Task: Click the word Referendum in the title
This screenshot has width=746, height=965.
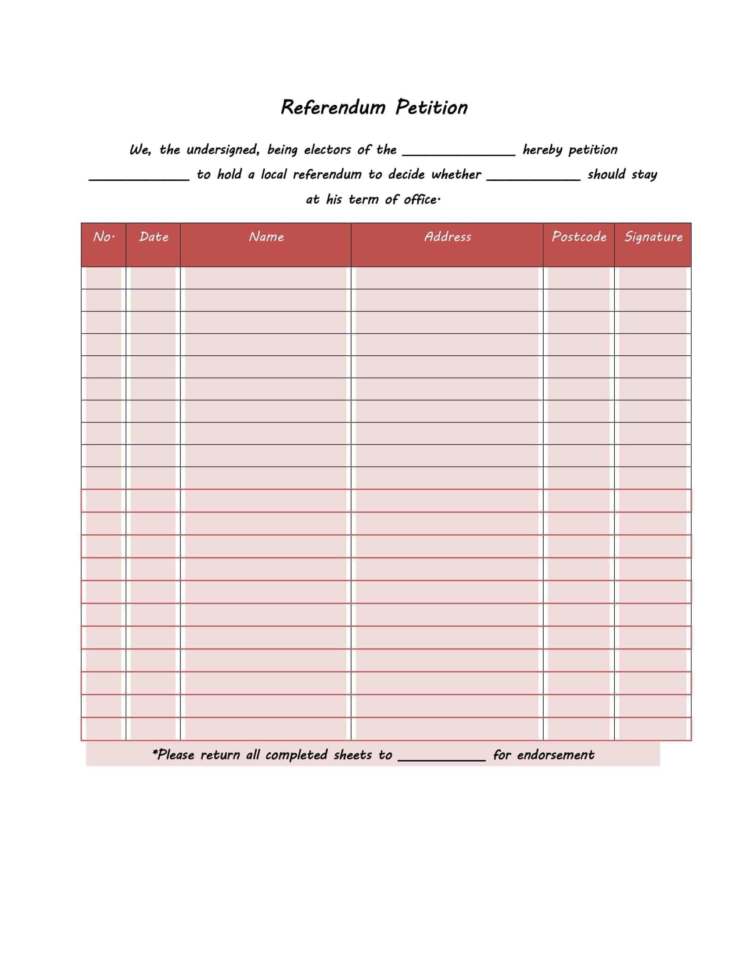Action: point(333,107)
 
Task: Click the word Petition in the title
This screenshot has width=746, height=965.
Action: point(431,107)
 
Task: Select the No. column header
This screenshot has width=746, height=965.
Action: point(104,237)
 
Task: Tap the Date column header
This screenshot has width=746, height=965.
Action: point(153,237)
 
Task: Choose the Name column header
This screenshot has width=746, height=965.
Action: point(266,237)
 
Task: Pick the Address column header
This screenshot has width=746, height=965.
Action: point(447,237)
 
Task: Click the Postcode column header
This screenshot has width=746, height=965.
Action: point(579,237)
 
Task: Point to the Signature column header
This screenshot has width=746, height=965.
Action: point(653,237)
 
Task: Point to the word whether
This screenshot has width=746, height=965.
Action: point(456,175)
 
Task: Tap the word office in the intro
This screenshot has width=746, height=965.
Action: point(421,200)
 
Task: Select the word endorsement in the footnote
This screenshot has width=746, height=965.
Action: point(556,755)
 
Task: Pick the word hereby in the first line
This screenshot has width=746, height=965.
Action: point(542,150)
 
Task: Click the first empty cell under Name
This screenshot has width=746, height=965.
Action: point(265,278)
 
